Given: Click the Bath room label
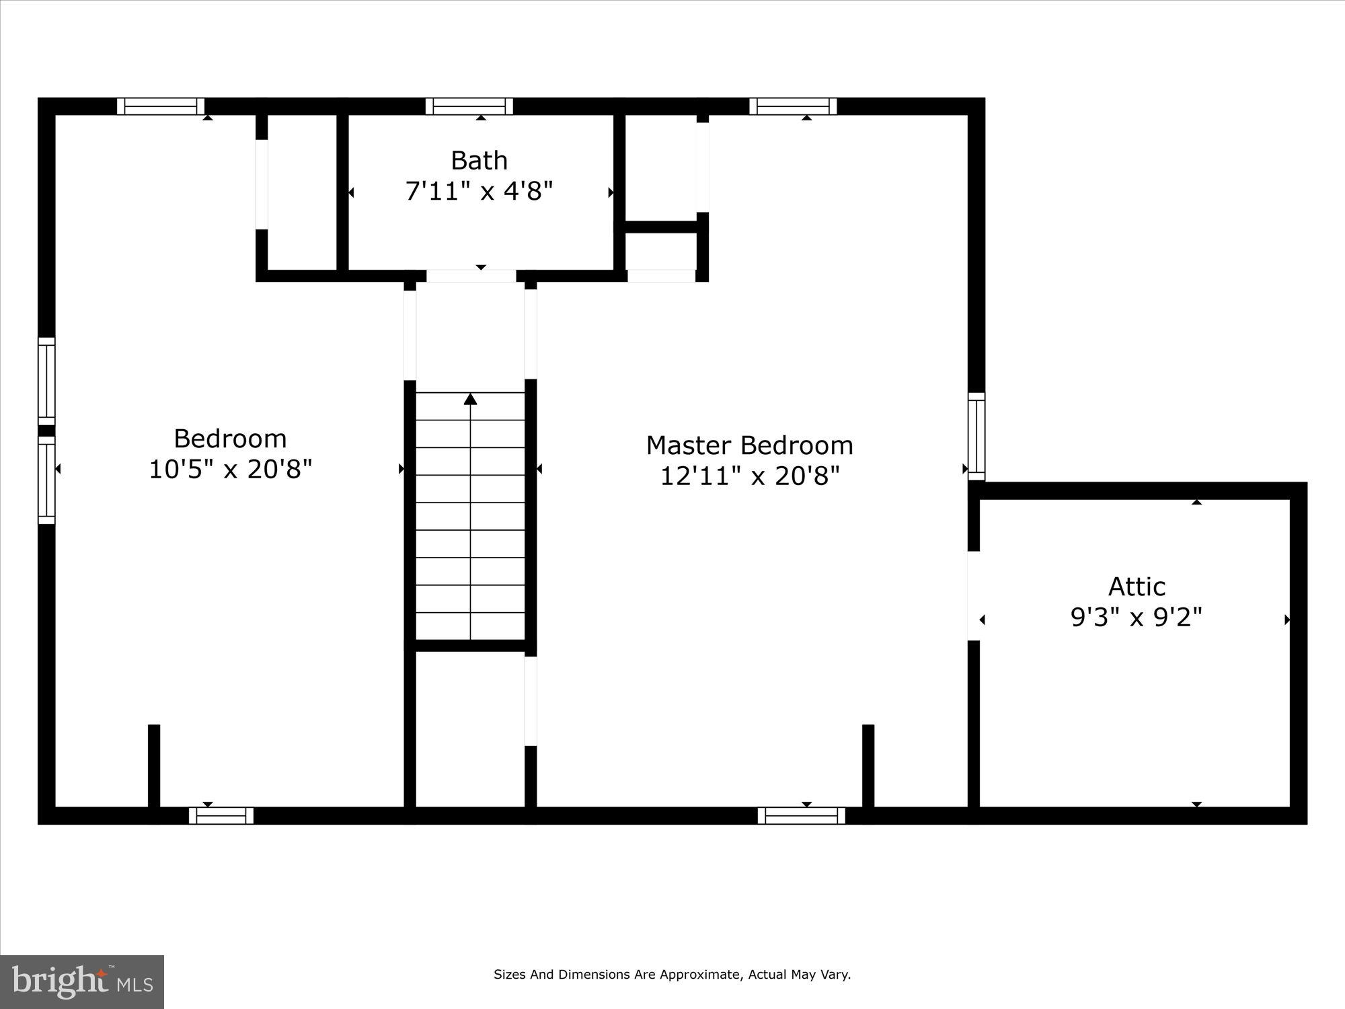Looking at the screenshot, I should (x=479, y=161).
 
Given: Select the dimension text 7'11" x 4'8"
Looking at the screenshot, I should (x=479, y=192).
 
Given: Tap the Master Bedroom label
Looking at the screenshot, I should (x=749, y=445).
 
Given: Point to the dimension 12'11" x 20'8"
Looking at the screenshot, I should (x=749, y=476).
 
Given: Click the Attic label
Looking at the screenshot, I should (x=1136, y=587).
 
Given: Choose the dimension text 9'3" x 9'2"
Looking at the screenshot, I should (x=1136, y=617).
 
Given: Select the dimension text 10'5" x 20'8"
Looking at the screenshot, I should (x=230, y=470).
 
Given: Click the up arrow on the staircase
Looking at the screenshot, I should (x=470, y=400).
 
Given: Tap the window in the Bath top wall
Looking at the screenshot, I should (x=469, y=106).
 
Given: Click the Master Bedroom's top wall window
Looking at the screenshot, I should (x=793, y=106).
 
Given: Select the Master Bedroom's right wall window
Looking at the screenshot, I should (x=976, y=437).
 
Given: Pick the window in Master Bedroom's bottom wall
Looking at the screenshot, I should (x=801, y=815).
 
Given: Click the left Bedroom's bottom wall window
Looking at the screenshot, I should (x=221, y=815).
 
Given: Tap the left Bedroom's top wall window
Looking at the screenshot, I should (x=161, y=106).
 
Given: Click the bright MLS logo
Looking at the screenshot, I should (x=82, y=982).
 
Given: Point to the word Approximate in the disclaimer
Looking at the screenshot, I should (x=698, y=975).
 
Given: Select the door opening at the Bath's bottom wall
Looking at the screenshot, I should (x=471, y=276).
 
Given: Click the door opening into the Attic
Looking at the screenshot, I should (x=973, y=595).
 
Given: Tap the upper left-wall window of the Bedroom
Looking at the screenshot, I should (x=46, y=381).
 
